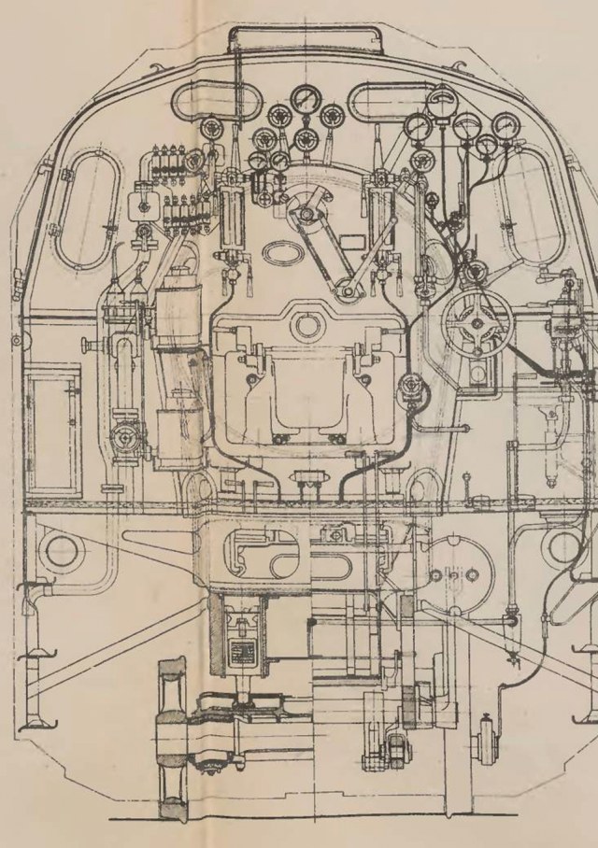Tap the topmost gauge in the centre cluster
[305, 98]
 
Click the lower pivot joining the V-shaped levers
[348, 292]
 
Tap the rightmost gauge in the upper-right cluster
[505, 124]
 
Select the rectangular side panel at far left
[52, 430]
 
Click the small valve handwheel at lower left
[124, 436]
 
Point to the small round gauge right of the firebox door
[408, 385]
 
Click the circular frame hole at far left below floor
[60, 550]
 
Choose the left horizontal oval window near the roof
[211, 102]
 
